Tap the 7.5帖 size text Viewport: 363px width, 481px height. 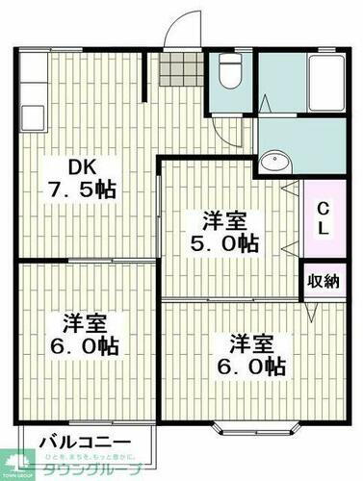[81, 189]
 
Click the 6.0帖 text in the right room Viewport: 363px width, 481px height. [255, 366]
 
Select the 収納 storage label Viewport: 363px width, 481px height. [323, 281]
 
